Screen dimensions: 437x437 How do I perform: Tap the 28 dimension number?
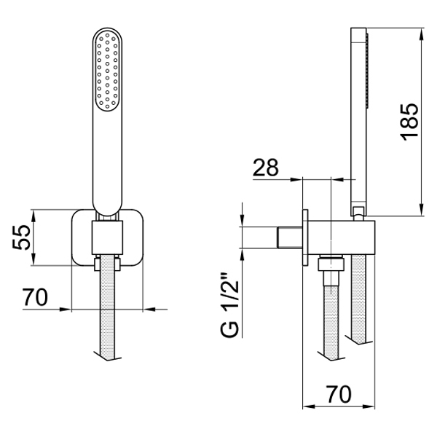point(266,167)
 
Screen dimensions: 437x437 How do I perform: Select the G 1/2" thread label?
point(229,306)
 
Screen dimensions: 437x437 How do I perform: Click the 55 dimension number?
point(23,237)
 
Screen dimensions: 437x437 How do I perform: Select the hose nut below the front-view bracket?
point(108,264)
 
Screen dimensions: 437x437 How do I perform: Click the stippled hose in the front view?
point(108,313)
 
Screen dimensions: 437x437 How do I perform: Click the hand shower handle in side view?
point(357,146)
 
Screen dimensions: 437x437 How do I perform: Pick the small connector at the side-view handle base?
point(357,212)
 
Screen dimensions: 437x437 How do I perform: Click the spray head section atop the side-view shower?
point(359,66)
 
